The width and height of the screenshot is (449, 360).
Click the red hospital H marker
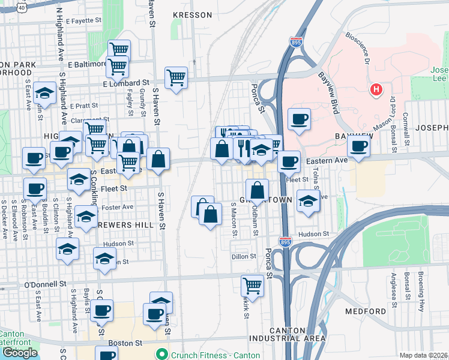point(376,90)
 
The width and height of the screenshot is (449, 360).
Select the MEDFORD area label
point(366,311)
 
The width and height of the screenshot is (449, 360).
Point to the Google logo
point(19,353)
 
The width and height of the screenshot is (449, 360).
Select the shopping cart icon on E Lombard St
point(176,77)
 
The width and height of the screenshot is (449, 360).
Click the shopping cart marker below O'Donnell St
point(253,286)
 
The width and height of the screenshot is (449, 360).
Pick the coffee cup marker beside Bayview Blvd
point(299,118)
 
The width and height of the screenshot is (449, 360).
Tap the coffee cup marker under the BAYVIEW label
point(358,145)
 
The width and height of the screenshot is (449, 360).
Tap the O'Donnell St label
point(44,283)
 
